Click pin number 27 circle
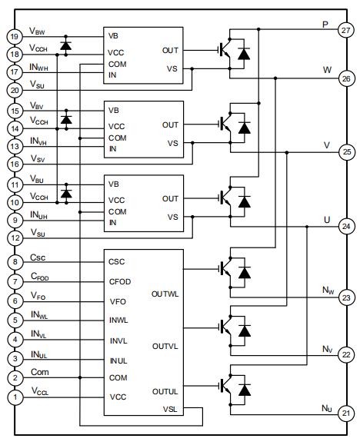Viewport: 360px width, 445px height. point(345,30)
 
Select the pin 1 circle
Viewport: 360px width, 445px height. point(14,397)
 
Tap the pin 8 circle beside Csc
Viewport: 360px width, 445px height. point(14,262)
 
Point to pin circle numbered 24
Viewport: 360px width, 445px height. point(345,227)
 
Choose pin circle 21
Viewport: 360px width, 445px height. point(345,413)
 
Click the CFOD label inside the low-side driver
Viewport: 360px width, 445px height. point(120,281)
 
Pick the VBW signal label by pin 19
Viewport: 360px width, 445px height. point(37,32)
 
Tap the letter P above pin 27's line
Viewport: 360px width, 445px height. point(326,24)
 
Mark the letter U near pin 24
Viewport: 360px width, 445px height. point(326,220)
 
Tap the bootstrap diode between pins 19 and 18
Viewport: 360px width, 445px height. point(66,45)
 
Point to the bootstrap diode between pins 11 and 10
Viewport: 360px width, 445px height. point(66,194)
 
